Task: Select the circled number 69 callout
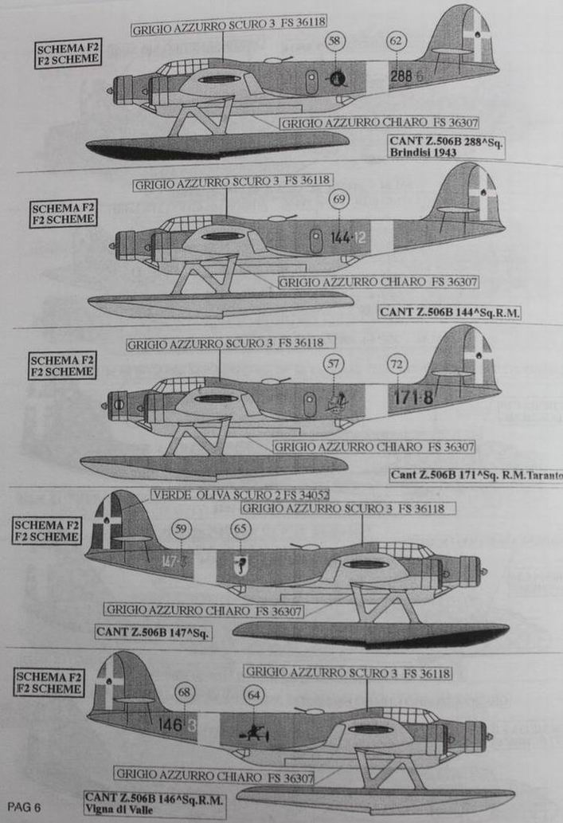pyautogui.click(x=339, y=198)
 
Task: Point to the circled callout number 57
pyautogui.click(x=334, y=364)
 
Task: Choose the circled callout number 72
pyautogui.click(x=397, y=364)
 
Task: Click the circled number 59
pyautogui.click(x=182, y=527)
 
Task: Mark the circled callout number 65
pyautogui.click(x=240, y=527)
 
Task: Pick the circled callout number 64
pyautogui.click(x=255, y=696)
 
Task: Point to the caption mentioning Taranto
pyautogui.click(x=476, y=475)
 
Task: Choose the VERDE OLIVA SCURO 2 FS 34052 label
pyautogui.click(x=240, y=495)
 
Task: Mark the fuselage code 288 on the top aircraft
pyautogui.click(x=401, y=76)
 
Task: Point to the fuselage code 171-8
pyautogui.click(x=411, y=396)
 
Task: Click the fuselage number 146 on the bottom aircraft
pyautogui.click(x=170, y=726)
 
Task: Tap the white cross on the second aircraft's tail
pyautogui.click(x=482, y=194)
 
